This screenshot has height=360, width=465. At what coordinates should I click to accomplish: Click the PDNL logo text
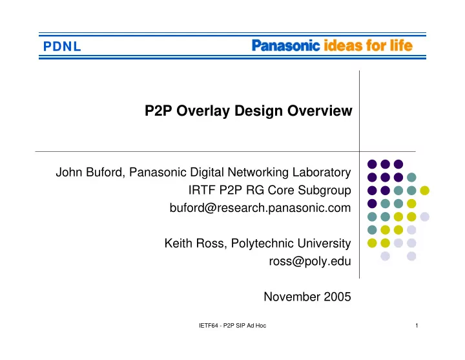62,47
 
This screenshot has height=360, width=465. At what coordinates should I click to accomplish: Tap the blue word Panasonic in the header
286,46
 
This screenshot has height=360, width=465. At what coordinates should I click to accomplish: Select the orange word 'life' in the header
401,45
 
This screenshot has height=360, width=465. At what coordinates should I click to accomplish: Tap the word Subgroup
324,190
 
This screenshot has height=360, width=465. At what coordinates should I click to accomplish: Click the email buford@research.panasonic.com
260,208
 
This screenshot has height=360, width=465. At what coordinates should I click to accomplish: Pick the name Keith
178,244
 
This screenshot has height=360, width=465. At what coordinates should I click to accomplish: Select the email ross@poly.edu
310,262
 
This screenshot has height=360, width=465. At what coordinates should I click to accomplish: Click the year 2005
337,297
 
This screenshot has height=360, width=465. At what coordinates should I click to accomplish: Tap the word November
292,297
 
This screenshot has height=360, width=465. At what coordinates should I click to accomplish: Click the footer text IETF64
209,326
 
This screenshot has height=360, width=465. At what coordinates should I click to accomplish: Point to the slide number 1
417,326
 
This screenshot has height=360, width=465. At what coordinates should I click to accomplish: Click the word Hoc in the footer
261,326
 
